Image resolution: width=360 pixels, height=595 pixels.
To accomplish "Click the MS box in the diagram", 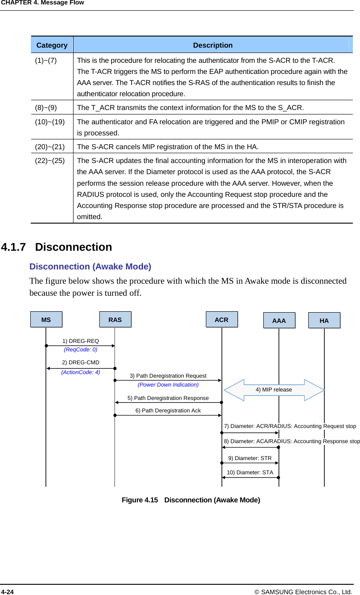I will click(x=46, y=320).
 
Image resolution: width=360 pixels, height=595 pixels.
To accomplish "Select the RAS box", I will click(x=115, y=320).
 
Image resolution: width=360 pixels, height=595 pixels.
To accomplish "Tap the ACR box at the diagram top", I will click(x=221, y=320).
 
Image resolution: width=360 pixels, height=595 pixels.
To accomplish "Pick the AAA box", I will click(x=279, y=321).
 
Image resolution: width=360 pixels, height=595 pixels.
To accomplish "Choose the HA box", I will click(x=324, y=321).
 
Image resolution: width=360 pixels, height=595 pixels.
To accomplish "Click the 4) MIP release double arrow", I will click(x=274, y=390).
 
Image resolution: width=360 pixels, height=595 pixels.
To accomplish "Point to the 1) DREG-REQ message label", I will click(x=81, y=341).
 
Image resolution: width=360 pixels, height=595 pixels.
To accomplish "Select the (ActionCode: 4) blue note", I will click(x=81, y=372).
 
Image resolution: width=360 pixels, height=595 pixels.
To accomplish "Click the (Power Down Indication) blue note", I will click(x=168, y=385).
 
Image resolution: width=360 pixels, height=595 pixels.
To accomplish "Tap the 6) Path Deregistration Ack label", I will click(x=168, y=411).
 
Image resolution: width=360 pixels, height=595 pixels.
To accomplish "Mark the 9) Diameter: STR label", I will click(x=250, y=458).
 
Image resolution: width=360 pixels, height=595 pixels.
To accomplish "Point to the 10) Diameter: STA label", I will click(x=250, y=473).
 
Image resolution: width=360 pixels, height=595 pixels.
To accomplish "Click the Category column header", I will click(x=52, y=45).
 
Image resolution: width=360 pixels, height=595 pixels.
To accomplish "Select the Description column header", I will click(x=213, y=45).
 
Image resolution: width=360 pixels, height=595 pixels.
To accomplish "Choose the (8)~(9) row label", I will click(x=46, y=108).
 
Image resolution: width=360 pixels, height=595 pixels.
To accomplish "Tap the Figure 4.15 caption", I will click(x=191, y=500).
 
